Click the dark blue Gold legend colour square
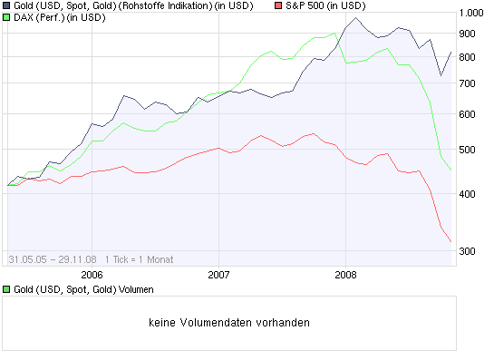(7, 6)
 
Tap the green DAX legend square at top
(7, 18)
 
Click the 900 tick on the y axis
(468, 34)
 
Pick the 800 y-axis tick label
(468, 57)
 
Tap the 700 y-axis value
(468, 83)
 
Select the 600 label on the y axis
(468, 114)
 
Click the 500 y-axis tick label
(468, 150)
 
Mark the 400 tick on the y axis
(468, 194)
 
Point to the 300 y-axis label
(468, 251)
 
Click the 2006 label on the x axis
(92, 273)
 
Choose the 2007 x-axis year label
(218, 273)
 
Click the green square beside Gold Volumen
(7, 289)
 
